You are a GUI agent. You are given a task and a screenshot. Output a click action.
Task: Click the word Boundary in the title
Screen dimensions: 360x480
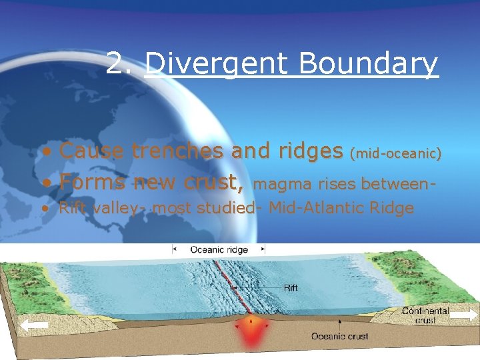(368, 65)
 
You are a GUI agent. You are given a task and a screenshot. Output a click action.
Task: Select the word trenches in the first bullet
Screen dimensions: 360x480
(178, 151)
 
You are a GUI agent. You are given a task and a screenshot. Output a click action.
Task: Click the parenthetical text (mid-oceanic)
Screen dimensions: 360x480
(396, 154)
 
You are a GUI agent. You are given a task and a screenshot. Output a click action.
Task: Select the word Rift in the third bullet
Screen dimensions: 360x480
(70, 208)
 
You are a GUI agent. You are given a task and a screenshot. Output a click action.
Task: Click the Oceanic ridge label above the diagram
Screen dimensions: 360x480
(219, 249)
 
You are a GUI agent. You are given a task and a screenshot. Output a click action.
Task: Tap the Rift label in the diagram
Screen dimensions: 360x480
(291, 288)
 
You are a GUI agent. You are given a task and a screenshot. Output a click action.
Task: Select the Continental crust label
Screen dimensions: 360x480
(425, 315)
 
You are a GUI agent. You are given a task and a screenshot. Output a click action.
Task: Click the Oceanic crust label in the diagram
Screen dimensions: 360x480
(339, 337)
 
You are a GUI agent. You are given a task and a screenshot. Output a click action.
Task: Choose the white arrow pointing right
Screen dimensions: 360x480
(464, 315)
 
